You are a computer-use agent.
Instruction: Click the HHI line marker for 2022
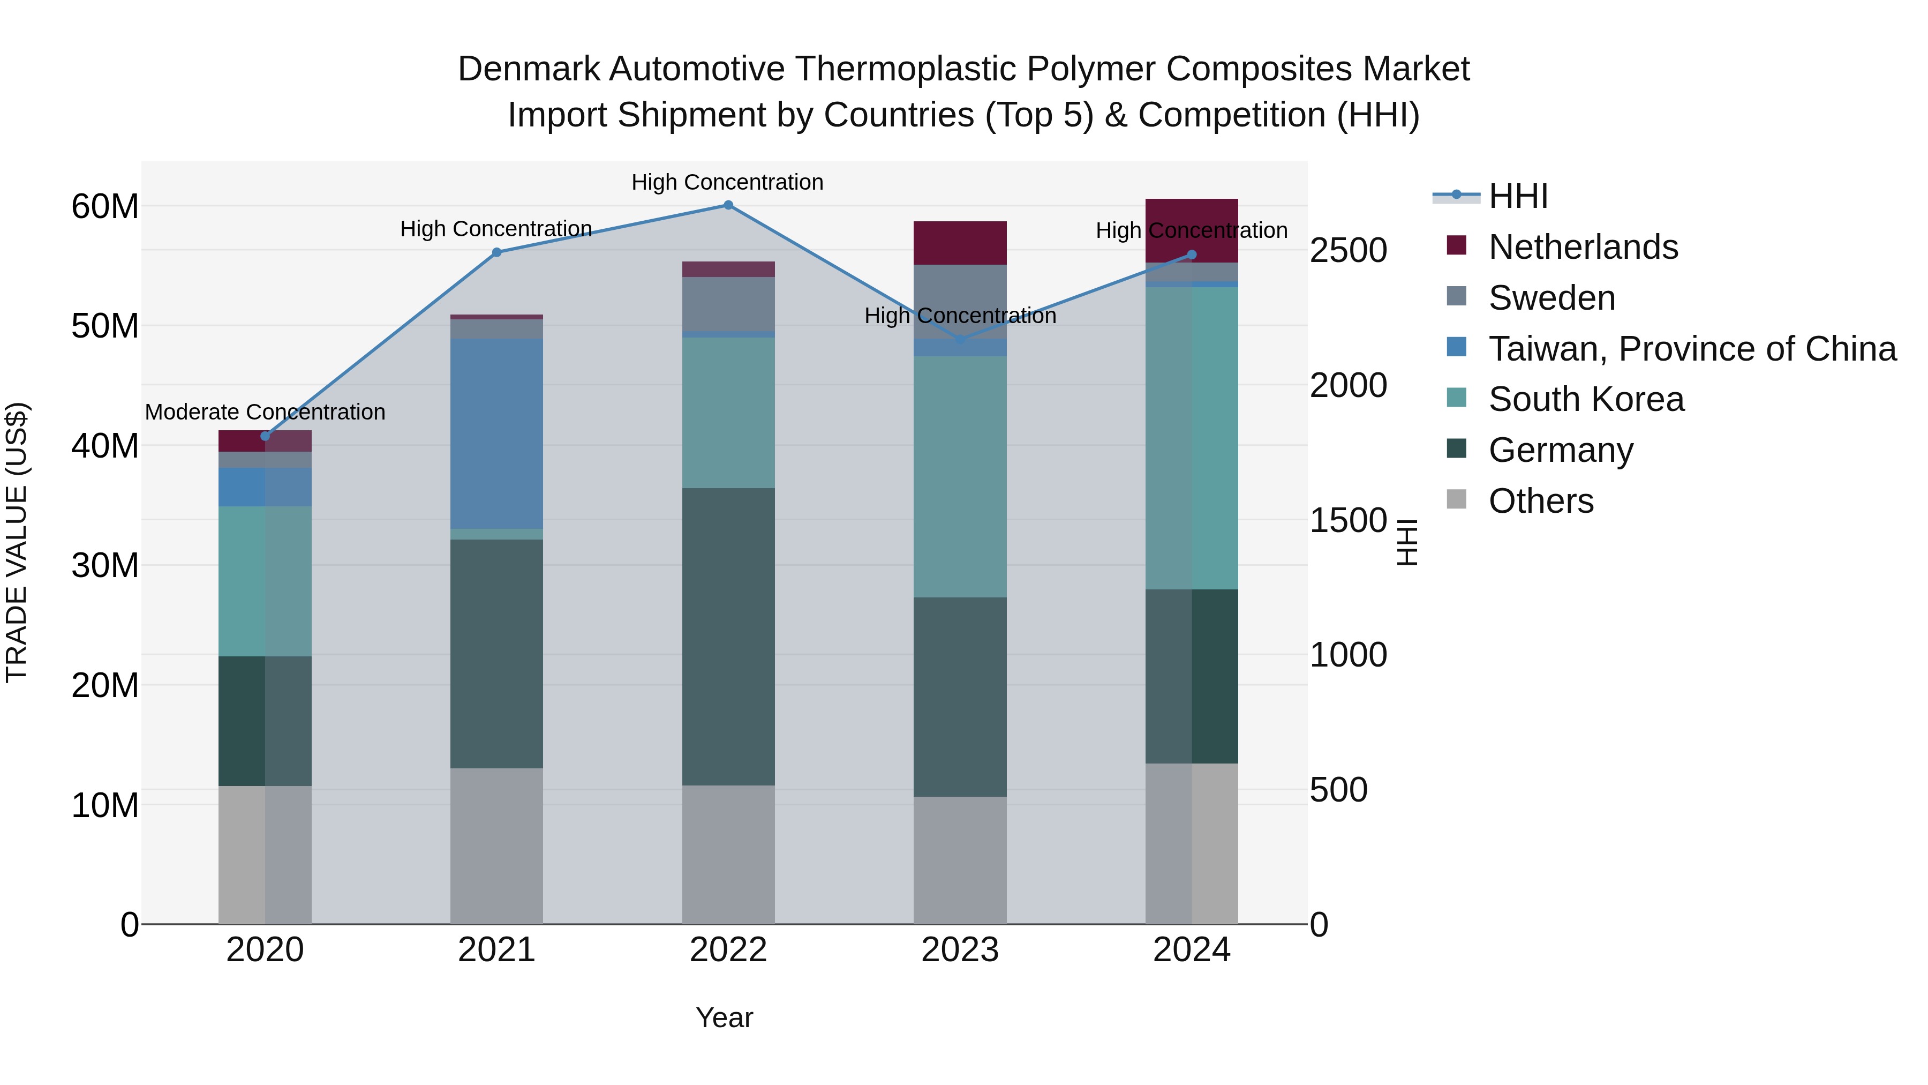(728, 205)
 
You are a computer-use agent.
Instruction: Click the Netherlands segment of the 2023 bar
(960, 243)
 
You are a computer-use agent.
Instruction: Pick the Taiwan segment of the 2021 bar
(496, 435)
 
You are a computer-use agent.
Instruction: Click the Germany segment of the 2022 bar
(728, 637)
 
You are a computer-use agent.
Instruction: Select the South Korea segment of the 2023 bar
(960, 476)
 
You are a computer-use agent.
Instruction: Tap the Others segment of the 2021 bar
(496, 846)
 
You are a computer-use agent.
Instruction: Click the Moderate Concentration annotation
(265, 412)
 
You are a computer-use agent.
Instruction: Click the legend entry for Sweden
(1552, 298)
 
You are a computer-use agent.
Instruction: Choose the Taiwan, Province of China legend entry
(1691, 349)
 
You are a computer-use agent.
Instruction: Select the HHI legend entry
(1518, 196)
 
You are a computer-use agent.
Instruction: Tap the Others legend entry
(1540, 501)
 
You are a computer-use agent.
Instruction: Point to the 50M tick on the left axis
(105, 326)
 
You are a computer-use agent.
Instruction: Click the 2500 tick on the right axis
(1348, 250)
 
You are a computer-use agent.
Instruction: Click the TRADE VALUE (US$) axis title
(17, 542)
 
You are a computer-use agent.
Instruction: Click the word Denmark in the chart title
(529, 69)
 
